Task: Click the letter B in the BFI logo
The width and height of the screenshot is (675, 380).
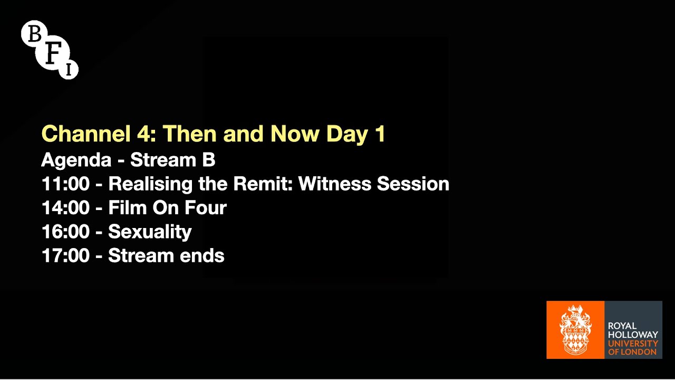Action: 35,34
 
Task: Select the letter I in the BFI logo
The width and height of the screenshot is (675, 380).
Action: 69,69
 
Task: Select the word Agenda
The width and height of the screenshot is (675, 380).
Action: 76,160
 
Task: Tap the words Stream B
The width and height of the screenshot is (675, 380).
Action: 172,159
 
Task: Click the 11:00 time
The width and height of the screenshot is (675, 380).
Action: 65,184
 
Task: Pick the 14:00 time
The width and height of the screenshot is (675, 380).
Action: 65,208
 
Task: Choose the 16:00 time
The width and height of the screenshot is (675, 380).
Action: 65,232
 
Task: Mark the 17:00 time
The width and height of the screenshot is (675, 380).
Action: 65,256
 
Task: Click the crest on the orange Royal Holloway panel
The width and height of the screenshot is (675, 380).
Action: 575,330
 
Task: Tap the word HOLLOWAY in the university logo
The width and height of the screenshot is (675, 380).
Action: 633,335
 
